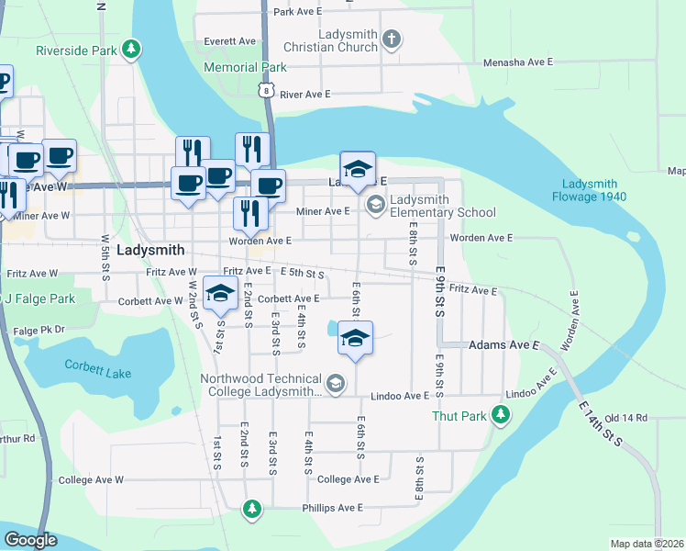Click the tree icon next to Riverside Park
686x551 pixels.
(132, 48)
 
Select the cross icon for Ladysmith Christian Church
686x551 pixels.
(393, 39)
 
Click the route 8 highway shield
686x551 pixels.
(265, 89)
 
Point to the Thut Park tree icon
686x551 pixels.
(501, 416)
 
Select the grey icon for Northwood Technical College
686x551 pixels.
(336, 384)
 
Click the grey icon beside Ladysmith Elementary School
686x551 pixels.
(374, 204)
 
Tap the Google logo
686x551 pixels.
(30, 540)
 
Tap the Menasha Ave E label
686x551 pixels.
(518, 62)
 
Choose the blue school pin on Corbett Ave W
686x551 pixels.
(220, 294)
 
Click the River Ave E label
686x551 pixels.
(305, 95)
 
